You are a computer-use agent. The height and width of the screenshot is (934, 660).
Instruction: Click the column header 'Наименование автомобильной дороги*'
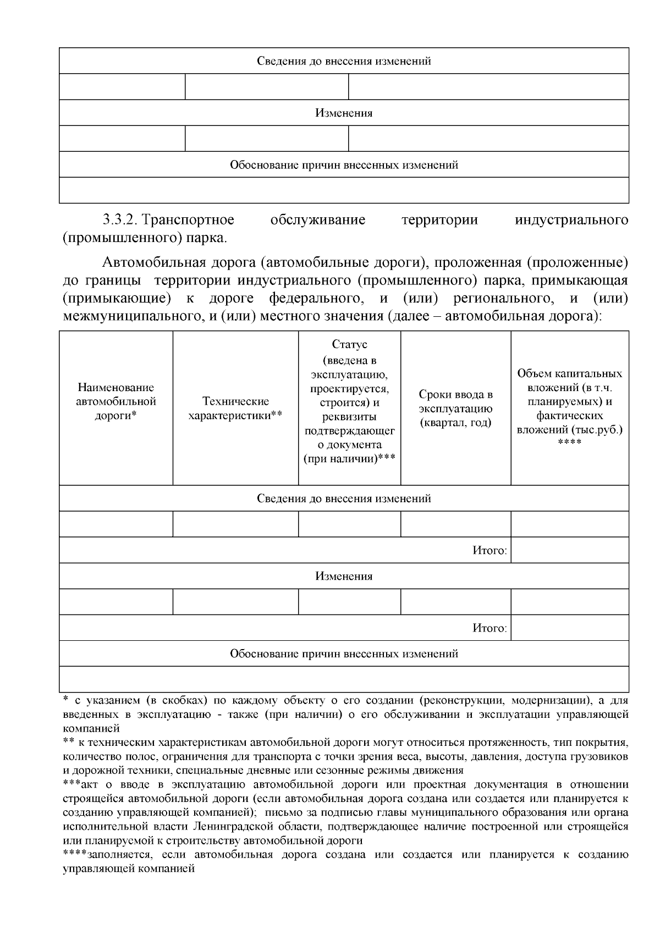coord(116,402)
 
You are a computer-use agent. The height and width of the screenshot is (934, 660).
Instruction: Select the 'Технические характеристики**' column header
coord(235,408)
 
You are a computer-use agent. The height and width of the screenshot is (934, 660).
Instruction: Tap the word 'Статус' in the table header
coord(349,344)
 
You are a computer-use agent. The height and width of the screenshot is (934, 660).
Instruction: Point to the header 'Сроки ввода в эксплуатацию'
coord(455,402)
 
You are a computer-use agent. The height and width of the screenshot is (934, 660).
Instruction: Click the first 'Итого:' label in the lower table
coord(490,551)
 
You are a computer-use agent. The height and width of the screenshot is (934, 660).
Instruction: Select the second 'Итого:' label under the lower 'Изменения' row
coord(490,628)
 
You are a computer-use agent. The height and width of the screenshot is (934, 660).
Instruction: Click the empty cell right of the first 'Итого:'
coord(569,550)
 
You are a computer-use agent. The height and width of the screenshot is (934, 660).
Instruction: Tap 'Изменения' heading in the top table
coord(344,113)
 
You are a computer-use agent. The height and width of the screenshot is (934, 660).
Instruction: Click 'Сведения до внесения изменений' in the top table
coord(344,61)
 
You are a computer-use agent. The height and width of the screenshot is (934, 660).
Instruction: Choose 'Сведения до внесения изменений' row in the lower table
coord(344,499)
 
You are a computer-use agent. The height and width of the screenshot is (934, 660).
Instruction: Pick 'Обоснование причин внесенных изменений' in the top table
coord(344,165)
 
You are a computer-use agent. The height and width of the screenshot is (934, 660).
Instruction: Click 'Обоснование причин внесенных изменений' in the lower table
coord(344,654)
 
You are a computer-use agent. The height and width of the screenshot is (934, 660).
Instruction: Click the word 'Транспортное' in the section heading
coord(188,221)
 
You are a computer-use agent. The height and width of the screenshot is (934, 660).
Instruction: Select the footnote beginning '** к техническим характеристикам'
coord(345,756)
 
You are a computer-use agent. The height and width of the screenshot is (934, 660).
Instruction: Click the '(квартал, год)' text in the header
coord(455,423)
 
